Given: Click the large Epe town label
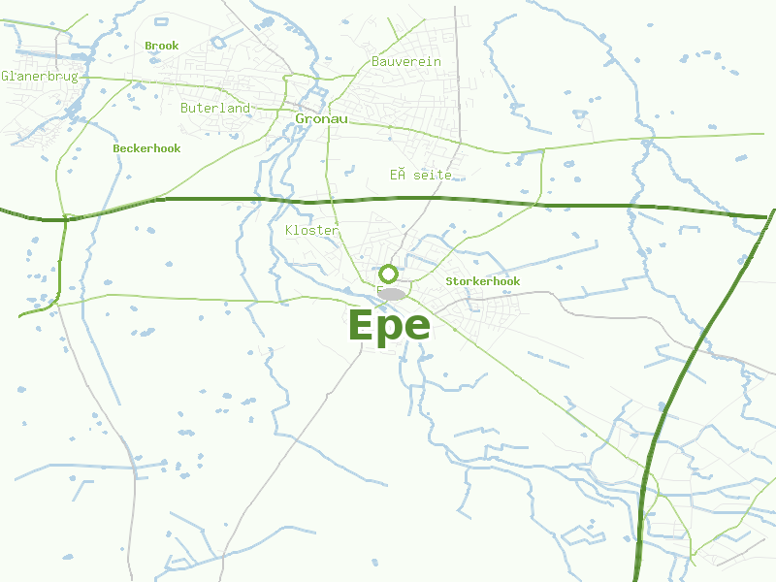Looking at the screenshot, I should point(388,326).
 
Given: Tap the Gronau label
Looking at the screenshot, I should point(321,118).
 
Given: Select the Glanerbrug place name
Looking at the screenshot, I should point(40,76).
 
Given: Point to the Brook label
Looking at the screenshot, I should point(162,46).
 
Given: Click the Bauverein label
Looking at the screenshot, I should point(406,61).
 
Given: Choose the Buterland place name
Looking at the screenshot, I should point(215,108).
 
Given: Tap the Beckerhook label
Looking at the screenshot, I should point(146,148).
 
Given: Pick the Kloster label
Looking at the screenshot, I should point(311,230).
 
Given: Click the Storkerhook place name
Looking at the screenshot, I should point(482,281).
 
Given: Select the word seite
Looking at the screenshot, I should point(433,175).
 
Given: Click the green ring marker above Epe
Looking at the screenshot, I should point(388,274).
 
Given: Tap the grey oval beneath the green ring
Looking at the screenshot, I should point(392,293).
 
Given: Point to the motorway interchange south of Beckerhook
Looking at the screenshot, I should point(65,218).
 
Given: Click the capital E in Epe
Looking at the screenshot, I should point(361,326).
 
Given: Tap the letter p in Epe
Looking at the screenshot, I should point(389,329).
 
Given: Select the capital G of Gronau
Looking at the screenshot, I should point(301,118).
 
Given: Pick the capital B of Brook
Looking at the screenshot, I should point(148,46).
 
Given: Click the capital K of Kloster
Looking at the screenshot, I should point(290,230).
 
